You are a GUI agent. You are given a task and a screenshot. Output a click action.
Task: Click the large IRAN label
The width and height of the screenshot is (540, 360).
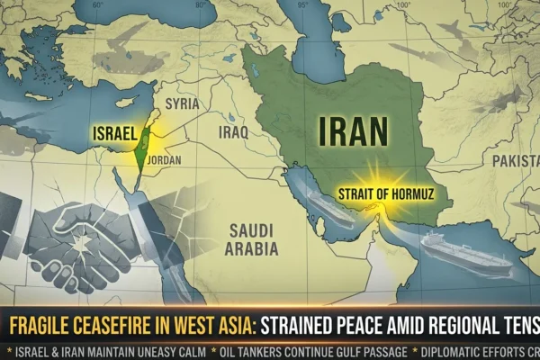(x=354, y=132)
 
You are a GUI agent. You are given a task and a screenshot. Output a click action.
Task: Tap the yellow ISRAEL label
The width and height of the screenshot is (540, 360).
(x=114, y=134)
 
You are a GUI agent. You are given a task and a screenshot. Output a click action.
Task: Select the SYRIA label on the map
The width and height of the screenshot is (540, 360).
(x=184, y=104)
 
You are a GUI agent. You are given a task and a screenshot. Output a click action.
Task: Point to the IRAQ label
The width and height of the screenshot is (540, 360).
(x=233, y=132)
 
